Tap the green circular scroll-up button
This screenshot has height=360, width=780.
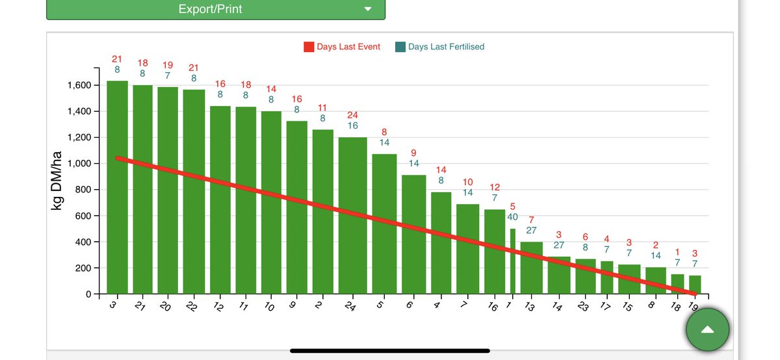707,329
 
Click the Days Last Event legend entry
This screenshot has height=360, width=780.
342,47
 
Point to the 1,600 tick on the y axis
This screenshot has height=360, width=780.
81,86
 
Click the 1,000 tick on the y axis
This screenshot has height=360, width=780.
81,164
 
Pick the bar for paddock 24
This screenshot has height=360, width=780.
352,215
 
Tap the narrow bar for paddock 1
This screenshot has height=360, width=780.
512,261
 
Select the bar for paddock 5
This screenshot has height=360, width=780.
384,224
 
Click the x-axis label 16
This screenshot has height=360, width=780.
493,307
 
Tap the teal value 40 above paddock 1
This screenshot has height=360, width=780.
512,217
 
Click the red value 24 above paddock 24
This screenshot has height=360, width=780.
352,115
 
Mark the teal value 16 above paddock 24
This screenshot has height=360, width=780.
352,125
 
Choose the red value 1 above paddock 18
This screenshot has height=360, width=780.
677,252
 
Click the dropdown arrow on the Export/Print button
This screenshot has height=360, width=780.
367,9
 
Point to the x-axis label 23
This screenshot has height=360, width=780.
582,307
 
